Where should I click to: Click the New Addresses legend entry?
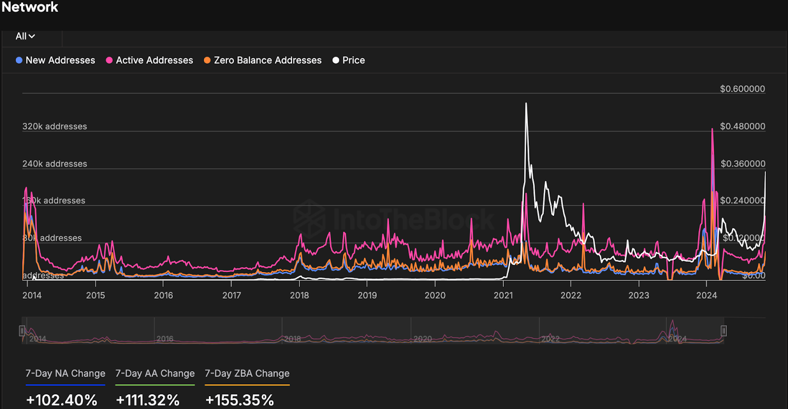(x=55, y=60)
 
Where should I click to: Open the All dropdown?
(x=25, y=36)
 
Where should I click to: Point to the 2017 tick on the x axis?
(x=231, y=295)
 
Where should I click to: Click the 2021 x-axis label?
(x=503, y=295)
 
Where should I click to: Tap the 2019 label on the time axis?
(x=367, y=295)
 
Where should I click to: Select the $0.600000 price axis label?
(x=742, y=89)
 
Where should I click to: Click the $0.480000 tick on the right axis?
(x=742, y=126)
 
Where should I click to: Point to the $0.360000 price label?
(x=743, y=164)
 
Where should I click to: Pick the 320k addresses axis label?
(x=55, y=126)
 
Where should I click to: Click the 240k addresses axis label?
(x=55, y=164)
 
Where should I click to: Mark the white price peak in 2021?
(x=526, y=103)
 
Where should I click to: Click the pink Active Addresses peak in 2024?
(x=712, y=129)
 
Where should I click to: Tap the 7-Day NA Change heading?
(x=66, y=374)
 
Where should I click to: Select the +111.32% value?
(x=148, y=400)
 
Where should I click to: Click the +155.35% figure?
(x=239, y=400)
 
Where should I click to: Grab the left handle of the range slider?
(x=22, y=331)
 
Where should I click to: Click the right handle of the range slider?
(x=723, y=331)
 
